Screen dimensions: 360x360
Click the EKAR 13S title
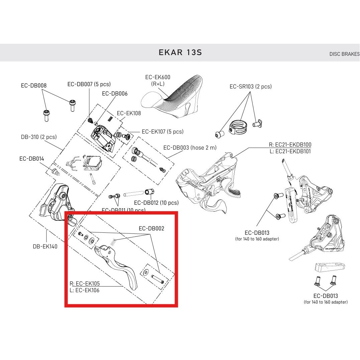(x=181, y=52)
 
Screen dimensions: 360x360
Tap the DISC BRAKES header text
(x=344, y=54)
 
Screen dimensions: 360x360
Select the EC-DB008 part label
(x=33, y=85)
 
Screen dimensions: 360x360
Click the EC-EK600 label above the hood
(x=158, y=77)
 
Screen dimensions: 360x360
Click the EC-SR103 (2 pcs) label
(x=250, y=86)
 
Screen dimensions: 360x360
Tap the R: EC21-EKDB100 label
(x=290, y=145)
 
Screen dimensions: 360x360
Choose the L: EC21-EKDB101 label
(x=290, y=151)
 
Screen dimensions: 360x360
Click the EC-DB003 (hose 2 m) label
(x=190, y=147)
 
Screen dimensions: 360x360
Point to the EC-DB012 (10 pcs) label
(x=156, y=203)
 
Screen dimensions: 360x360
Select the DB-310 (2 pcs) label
(x=39, y=137)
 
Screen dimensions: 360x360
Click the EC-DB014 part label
(x=31, y=159)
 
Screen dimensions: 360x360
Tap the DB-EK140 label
(x=45, y=246)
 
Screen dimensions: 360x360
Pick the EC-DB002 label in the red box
(x=151, y=229)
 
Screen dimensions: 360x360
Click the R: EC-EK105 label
(x=85, y=284)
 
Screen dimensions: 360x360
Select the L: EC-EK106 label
(x=85, y=290)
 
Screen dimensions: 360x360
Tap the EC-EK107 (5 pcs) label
(x=162, y=132)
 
